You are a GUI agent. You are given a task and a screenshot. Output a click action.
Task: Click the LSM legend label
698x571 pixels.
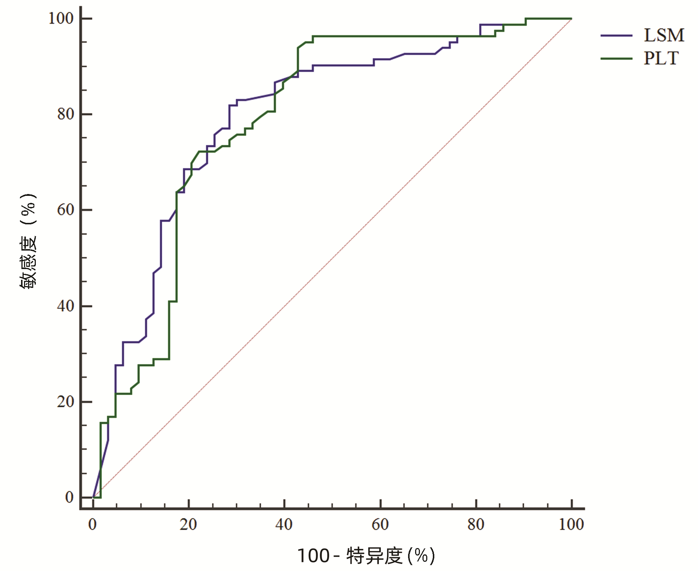tap(664, 35)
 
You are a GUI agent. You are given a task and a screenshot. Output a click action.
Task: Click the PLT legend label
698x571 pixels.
tap(661, 58)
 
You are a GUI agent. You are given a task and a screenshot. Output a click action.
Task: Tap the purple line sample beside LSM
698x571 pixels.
tap(616, 35)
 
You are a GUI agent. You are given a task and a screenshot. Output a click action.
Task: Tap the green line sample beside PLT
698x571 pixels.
tap(616, 58)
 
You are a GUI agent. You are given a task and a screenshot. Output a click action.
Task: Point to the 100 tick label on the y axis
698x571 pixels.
tap(61, 18)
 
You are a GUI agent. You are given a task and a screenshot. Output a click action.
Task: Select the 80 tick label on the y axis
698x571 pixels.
tap(65, 114)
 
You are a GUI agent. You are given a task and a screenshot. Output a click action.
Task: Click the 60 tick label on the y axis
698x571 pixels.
tap(65, 210)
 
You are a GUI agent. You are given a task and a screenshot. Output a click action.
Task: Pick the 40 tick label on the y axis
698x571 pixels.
tap(65, 306)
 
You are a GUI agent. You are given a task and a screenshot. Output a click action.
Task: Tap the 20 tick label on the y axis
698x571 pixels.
tap(65, 402)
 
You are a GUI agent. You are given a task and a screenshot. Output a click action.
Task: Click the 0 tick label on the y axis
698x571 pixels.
tap(69, 497)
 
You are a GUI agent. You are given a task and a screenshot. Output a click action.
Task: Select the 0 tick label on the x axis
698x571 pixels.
tap(92, 524)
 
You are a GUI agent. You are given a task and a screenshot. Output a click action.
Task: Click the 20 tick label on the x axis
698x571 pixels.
tap(188, 524)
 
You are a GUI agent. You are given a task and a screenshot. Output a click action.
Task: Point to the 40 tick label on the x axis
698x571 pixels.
tap(284, 524)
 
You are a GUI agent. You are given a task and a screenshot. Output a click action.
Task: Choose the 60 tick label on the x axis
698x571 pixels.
tap(380, 524)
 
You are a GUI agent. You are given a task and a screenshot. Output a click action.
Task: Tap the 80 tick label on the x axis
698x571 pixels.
tap(476, 524)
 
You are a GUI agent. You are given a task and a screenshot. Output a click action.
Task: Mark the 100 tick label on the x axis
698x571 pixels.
tap(571, 524)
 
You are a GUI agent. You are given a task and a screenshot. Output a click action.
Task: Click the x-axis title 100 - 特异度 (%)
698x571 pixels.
tap(366, 555)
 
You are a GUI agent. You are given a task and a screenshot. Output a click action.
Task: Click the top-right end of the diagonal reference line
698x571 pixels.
tap(571, 19)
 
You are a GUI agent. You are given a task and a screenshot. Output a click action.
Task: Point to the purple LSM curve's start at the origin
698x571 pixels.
tap(93, 497)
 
